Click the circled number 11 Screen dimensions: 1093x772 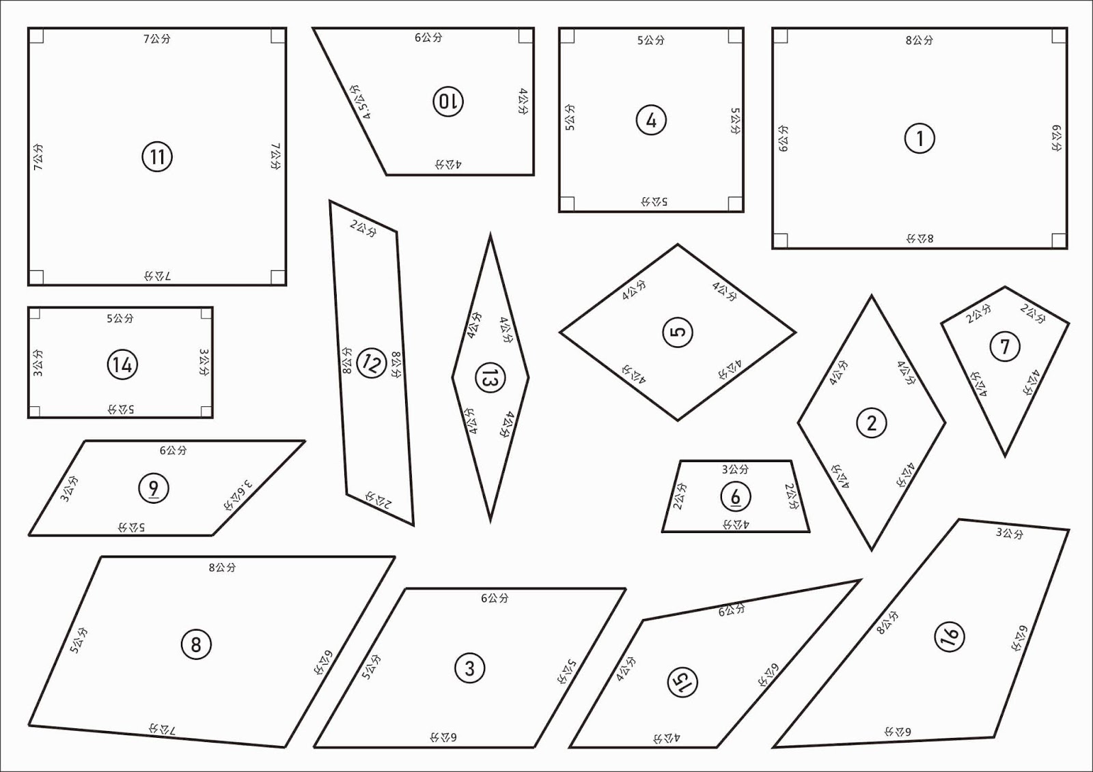(x=157, y=157)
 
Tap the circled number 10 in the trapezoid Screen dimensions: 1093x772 (x=448, y=102)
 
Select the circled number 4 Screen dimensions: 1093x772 (x=652, y=120)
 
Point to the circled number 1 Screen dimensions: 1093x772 (x=919, y=139)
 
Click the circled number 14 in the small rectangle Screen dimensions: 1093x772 (x=122, y=364)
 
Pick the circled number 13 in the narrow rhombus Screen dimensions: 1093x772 (x=490, y=378)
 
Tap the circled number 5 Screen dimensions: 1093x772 (x=678, y=332)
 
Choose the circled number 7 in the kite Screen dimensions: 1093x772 (x=1005, y=346)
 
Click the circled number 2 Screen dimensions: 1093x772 (x=872, y=423)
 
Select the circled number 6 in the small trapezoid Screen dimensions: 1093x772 (x=736, y=496)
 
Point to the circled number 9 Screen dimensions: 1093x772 (x=154, y=488)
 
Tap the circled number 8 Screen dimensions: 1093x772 (x=196, y=644)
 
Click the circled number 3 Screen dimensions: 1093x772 (x=470, y=668)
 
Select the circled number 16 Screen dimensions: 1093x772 (x=950, y=636)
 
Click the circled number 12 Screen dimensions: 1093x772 (x=372, y=363)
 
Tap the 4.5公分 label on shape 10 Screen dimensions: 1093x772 (x=361, y=102)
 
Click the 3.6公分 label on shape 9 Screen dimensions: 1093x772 (x=239, y=495)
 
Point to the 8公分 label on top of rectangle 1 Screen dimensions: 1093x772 (x=919, y=40)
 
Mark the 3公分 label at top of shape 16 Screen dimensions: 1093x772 (x=1010, y=533)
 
